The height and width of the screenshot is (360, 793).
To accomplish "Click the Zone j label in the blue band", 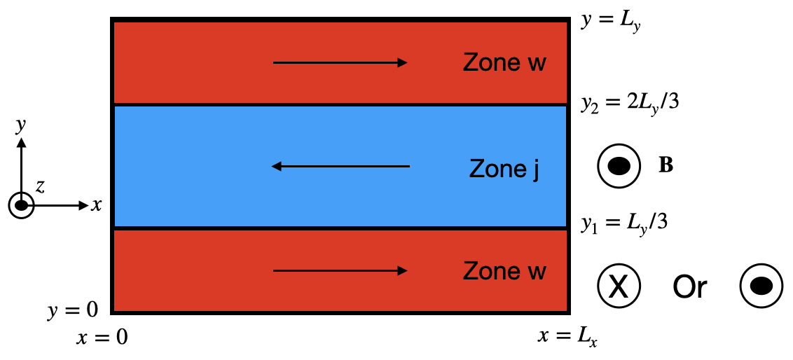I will (x=504, y=169).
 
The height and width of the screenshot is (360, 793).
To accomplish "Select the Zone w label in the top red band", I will (x=504, y=62).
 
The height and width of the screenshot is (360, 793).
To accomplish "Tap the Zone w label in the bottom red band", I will (x=504, y=270).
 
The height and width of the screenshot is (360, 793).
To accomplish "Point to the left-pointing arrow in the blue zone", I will (x=340, y=166).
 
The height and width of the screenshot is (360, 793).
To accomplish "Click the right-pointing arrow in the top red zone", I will (x=340, y=63).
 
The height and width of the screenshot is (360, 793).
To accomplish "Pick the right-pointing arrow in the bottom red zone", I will (x=340, y=270).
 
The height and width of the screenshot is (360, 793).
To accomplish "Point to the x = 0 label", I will (x=102, y=338).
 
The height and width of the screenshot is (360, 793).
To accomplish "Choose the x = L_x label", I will (x=567, y=338).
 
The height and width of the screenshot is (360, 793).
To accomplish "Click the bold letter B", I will (x=666, y=166).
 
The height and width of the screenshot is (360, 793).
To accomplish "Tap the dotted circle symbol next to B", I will (x=618, y=166).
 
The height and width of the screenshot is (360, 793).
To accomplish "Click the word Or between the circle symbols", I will (x=690, y=286).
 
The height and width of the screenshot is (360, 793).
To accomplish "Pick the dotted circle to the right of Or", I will (x=761, y=286).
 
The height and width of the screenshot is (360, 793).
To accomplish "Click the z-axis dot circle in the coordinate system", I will (x=22, y=205).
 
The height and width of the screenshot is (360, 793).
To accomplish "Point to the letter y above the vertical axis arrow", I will (x=22, y=126).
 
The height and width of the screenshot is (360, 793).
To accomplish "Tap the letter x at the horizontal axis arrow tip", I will (x=97, y=205).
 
